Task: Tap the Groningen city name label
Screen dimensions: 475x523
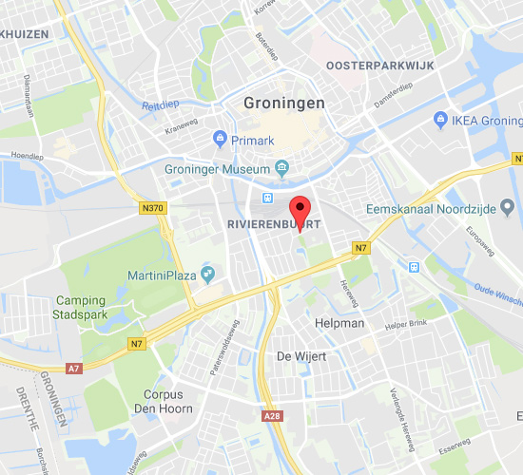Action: click(284, 103)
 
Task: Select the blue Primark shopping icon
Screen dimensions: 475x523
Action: click(221, 140)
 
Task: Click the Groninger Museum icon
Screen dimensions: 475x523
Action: click(282, 169)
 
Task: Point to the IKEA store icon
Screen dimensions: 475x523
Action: click(440, 120)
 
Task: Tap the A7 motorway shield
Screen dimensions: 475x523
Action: click(74, 368)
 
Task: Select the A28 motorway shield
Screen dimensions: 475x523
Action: click(270, 416)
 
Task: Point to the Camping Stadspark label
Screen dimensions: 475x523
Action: click(80, 308)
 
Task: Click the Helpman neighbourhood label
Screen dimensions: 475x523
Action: click(339, 323)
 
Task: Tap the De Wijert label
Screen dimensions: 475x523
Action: click(296, 356)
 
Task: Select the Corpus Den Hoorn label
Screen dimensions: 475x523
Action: click(167, 401)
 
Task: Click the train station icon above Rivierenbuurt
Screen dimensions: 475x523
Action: click(267, 198)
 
